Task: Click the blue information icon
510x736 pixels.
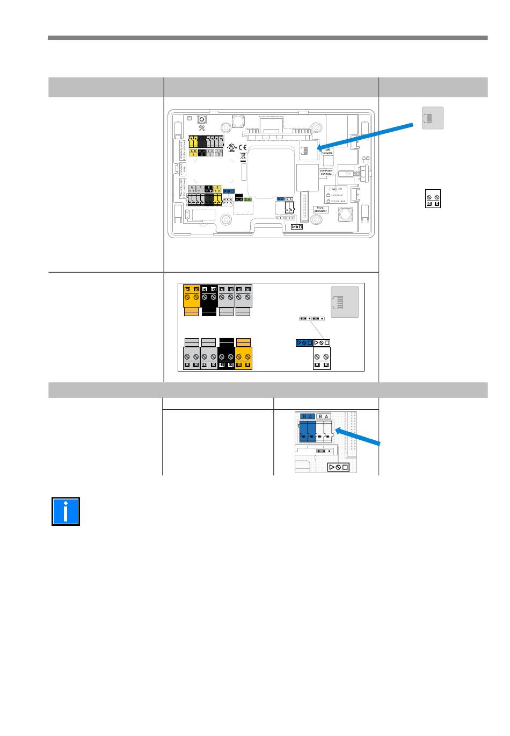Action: point(65,511)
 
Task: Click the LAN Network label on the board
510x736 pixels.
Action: point(327,152)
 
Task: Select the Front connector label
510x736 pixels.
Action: point(320,209)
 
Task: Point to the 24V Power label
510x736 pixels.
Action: point(326,172)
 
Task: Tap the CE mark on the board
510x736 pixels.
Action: point(242,147)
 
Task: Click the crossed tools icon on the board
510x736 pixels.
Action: point(202,128)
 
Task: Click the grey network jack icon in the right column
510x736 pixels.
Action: point(433,118)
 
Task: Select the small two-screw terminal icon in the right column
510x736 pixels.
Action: point(433,199)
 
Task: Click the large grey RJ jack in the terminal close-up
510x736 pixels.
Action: point(345,302)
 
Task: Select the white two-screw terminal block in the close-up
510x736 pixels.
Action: point(322,358)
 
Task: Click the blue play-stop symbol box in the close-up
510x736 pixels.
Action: point(304,342)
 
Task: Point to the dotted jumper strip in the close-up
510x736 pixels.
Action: point(311,318)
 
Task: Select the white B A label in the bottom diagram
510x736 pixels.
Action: point(324,416)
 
